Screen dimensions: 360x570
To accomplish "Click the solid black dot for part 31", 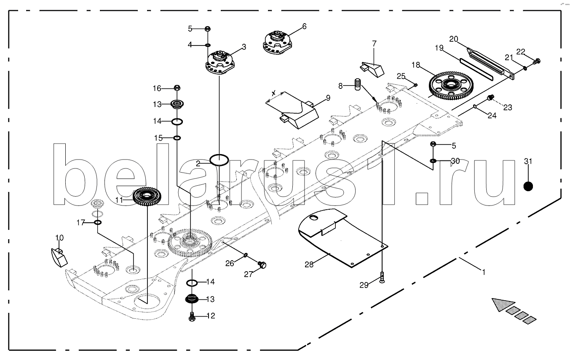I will pos(528,186).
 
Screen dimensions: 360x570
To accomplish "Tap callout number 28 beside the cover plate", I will pos(309,264).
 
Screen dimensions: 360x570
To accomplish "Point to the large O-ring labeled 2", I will pos(219,160).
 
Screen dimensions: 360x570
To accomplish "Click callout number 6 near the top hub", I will pos(304,27).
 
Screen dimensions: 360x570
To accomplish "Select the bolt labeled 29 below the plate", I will pos(382,278).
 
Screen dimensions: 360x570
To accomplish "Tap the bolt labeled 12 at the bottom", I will pos(192,316).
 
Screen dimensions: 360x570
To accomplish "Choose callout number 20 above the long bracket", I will pos(453,39).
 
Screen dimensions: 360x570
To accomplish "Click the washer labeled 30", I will pos(434,161).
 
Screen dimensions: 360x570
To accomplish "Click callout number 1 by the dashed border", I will pos(484,272).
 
